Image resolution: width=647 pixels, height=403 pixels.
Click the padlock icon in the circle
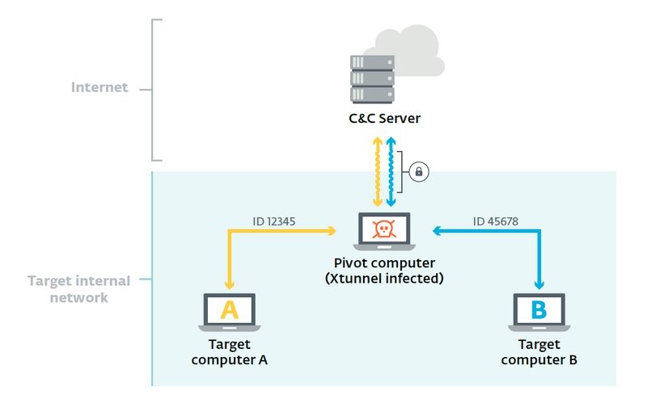419,171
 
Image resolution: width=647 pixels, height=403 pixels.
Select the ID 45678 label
497,220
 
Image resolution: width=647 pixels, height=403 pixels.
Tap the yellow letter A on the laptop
230,309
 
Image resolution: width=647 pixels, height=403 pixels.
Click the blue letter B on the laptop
539,309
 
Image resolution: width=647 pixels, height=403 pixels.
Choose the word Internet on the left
99,88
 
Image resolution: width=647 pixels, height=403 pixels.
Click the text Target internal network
78,288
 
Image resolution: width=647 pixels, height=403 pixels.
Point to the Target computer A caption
230,352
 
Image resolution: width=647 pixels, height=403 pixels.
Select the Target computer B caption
539,352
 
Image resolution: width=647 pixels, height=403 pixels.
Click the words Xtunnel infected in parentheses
385,279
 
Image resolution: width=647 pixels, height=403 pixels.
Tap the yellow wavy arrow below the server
377,172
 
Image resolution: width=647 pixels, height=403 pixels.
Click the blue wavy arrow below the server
391,172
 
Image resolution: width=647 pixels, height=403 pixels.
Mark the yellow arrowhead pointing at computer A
230,283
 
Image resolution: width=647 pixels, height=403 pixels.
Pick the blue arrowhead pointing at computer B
539,283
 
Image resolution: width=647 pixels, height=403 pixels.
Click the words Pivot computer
385,263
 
